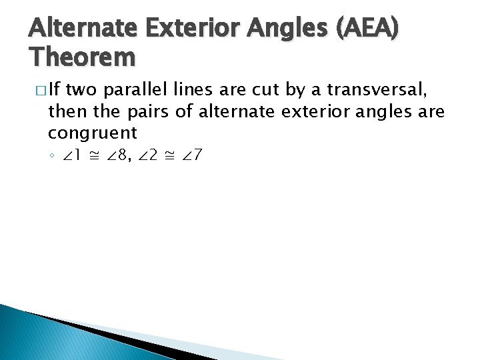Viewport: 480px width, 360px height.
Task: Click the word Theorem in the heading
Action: pos(83,58)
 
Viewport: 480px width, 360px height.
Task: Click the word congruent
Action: pos(93,131)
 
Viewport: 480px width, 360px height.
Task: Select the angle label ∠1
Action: pos(71,157)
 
